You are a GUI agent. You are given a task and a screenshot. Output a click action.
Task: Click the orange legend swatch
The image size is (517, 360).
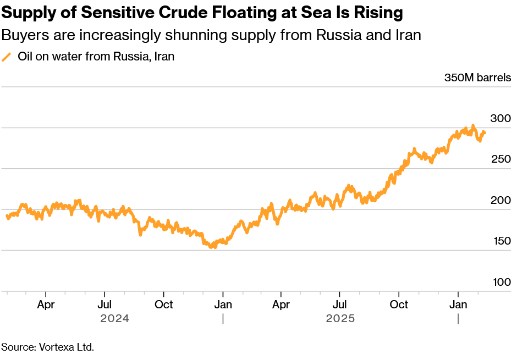(x=7, y=57)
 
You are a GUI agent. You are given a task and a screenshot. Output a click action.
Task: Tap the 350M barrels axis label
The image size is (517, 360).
(x=477, y=77)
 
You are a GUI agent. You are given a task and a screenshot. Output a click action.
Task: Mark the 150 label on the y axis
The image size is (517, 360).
(x=502, y=241)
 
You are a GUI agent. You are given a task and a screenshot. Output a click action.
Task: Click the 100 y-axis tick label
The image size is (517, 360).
(x=502, y=283)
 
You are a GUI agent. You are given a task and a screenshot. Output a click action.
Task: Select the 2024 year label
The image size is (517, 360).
(x=114, y=318)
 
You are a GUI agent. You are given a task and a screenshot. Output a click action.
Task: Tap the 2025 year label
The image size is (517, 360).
(x=340, y=318)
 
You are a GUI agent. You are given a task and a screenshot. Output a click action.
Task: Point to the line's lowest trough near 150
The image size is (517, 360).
(x=213, y=247)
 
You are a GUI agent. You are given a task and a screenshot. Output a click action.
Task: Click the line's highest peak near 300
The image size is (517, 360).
(x=472, y=126)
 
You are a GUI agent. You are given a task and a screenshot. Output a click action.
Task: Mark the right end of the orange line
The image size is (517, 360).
(x=485, y=132)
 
